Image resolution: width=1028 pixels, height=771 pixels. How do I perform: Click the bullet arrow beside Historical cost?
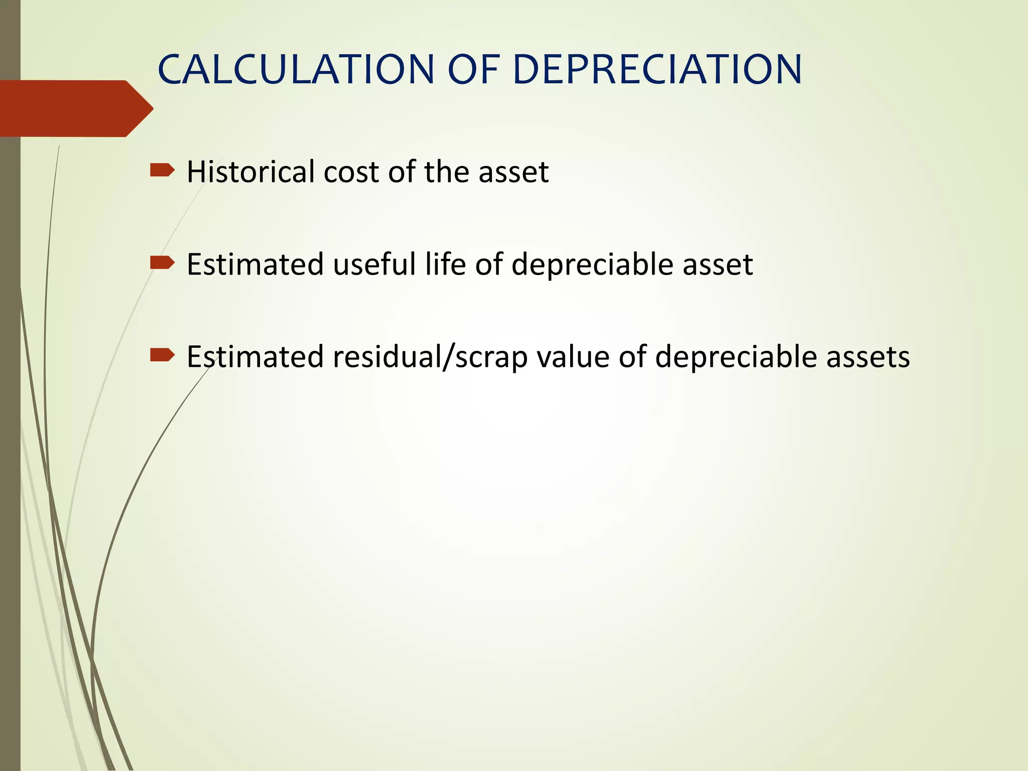pos(162,171)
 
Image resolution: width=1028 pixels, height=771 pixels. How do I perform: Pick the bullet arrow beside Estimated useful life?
pos(162,263)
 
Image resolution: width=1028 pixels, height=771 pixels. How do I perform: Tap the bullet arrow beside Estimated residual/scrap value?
pos(162,355)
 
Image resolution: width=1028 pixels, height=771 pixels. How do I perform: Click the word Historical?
pos(250,172)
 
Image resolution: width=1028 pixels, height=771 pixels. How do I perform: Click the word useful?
pos(374,264)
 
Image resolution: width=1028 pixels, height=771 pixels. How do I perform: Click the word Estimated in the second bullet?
pos(255,264)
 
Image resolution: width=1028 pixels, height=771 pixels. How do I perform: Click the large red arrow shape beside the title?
pos(75,108)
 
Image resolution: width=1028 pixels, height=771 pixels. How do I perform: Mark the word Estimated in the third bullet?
pos(255,357)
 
